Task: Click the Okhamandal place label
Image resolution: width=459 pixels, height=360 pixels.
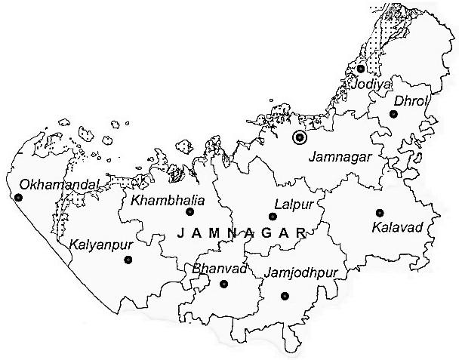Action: pos(49,183)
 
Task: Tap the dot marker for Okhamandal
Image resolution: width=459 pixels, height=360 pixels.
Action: pos(18,198)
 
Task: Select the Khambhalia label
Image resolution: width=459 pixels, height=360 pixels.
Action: pos(163,200)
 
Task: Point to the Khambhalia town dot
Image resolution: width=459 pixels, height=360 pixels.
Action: pos(190,212)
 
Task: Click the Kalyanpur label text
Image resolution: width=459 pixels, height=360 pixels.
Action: pos(99,245)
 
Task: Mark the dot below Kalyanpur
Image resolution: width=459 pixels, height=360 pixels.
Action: pos(128,260)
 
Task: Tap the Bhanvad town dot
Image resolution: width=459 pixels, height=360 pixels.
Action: pos(223,284)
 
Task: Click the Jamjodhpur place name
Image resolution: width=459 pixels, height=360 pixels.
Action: pos(301,271)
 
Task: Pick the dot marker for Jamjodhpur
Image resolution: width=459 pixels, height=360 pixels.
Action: pos(285,296)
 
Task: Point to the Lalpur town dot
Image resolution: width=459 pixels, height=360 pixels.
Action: pos(273,216)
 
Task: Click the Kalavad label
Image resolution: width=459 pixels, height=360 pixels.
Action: pos(394,226)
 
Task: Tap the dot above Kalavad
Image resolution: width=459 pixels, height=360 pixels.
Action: pos(380,213)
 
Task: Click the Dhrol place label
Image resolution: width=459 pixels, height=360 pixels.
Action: pos(411,100)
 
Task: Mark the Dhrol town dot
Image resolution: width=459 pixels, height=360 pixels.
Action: pos(393,114)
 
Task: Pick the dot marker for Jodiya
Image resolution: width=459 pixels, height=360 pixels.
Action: pos(361,69)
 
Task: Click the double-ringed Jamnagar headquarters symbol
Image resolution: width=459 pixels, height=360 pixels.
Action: pos(300,137)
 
